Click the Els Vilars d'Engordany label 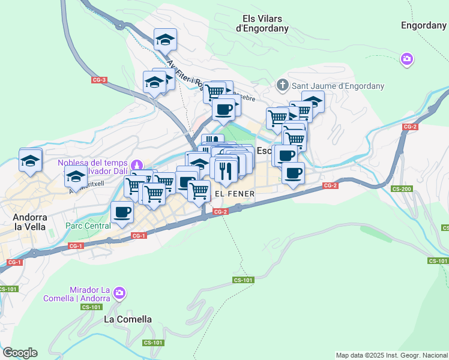point(262,23)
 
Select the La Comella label point(128,319)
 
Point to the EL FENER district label point(235,194)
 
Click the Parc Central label point(88,226)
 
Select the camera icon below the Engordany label point(406,59)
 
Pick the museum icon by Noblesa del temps point(137,164)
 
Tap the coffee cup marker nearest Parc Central point(122,212)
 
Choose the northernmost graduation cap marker point(165,40)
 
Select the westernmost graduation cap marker point(30,160)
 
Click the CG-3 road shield point(99,80)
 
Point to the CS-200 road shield point(402,188)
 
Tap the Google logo point(20,353)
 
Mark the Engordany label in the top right point(423,25)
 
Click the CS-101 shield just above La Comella point(91,307)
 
